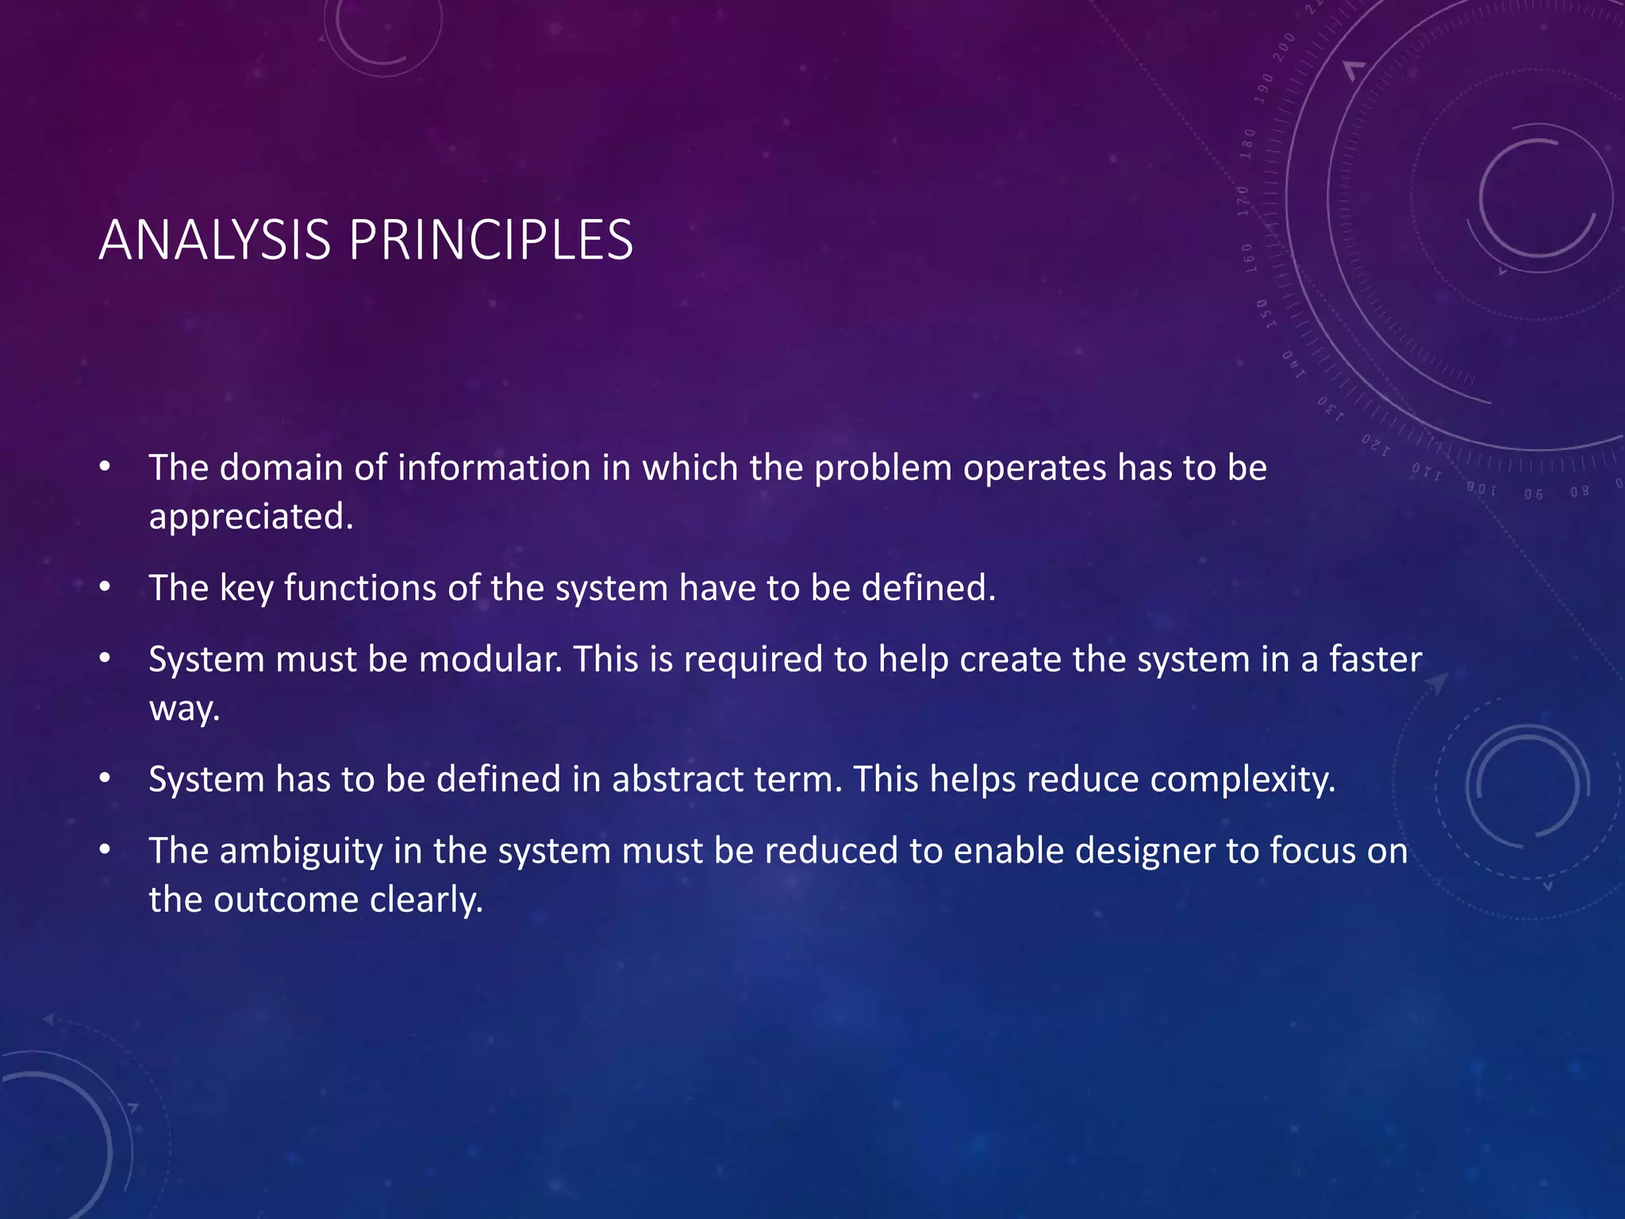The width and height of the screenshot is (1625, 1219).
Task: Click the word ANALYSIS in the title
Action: click(214, 240)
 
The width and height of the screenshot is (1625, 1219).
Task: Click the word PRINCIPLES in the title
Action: click(490, 240)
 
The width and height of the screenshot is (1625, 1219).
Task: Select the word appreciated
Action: click(251, 517)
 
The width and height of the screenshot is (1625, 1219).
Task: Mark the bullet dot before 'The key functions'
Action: click(105, 588)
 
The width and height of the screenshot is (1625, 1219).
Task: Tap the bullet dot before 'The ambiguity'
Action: click(105, 851)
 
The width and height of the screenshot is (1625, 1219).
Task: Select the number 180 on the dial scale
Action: click(1249, 144)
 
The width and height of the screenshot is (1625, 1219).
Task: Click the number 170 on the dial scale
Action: click(1243, 201)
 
